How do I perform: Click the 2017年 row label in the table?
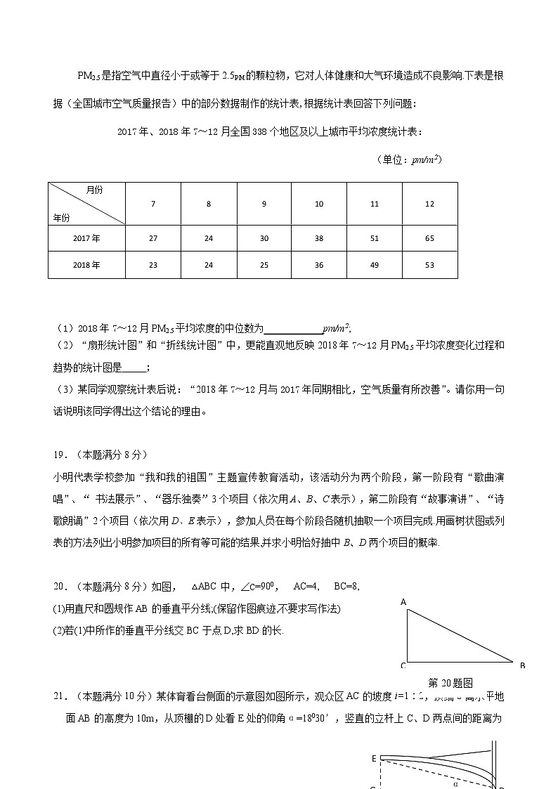tap(86, 238)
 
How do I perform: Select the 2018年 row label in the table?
tap(86, 265)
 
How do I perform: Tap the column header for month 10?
tap(319, 204)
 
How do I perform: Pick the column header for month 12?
tap(429, 204)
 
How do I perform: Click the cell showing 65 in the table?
tap(429, 238)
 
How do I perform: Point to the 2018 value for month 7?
tap(153, 265)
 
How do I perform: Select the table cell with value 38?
tap(319, 238)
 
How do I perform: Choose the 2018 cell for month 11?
tap(374, 265)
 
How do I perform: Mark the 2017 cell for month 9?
tap(264, 238)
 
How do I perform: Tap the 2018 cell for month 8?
tap(209, 265)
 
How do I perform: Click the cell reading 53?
tap(429, 265)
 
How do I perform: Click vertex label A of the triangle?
tap(403, 602)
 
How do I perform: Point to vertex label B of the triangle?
tap(522, 665)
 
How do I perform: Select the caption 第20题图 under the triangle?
tap(450, 682)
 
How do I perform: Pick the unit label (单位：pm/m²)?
tap(410, 159)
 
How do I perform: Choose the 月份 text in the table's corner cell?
tap(94, 190)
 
